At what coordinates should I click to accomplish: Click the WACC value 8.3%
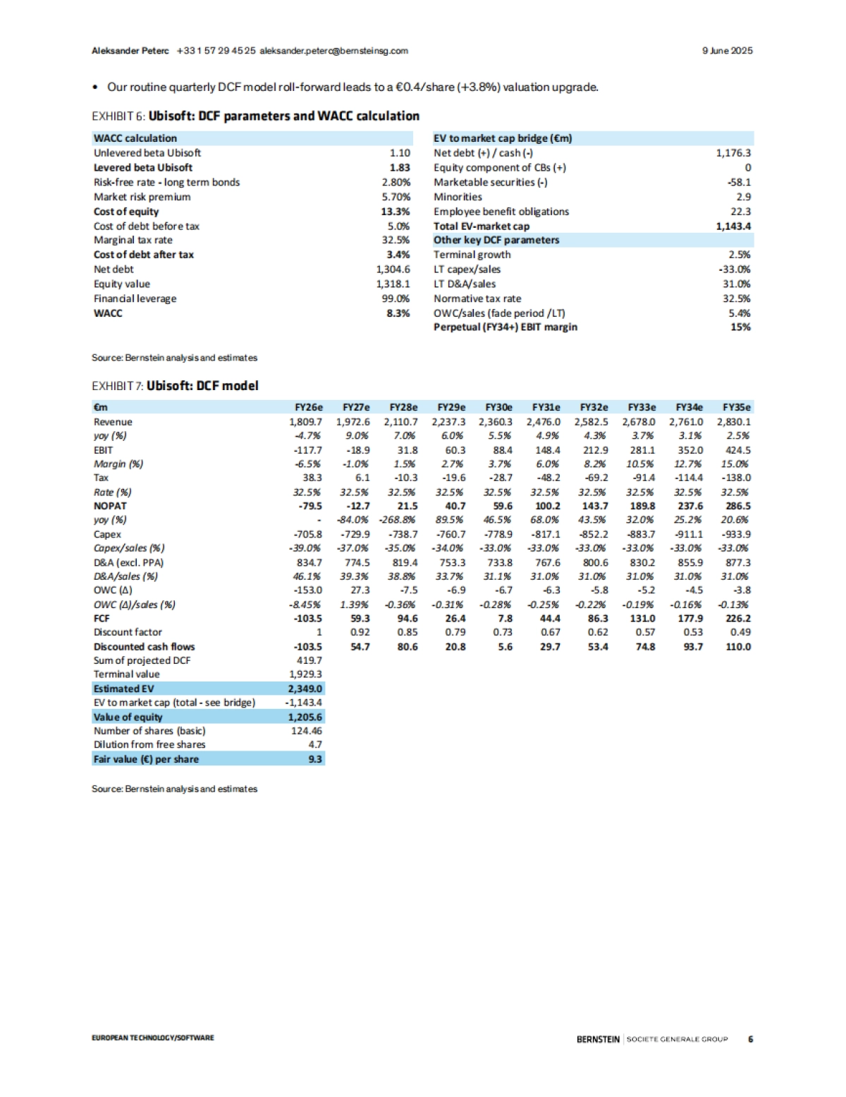tap(398, 313)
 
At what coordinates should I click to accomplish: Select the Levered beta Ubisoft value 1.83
tap(399, 167)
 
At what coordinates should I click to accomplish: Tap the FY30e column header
tap(498, 407)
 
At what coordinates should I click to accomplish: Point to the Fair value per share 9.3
tap(315, 759)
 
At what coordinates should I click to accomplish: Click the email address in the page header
tap(333, 51)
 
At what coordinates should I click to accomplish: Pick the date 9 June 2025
tap(727, 51)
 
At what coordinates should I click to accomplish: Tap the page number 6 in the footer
tap(750, 1039)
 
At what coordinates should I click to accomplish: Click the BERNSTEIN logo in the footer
tap(598, 1039)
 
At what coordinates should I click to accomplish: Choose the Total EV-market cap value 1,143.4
tap(733, 226)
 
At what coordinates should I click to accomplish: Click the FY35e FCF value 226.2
tap(738, 618)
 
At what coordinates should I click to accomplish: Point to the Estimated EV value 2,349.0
tap(305, 689)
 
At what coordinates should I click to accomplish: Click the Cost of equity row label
tap(126, 212)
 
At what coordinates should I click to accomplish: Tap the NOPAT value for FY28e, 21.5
tap(407, 506)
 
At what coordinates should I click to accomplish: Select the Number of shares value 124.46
tap(307, 731)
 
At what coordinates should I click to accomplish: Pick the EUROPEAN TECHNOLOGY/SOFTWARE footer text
tap(152, 1038)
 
